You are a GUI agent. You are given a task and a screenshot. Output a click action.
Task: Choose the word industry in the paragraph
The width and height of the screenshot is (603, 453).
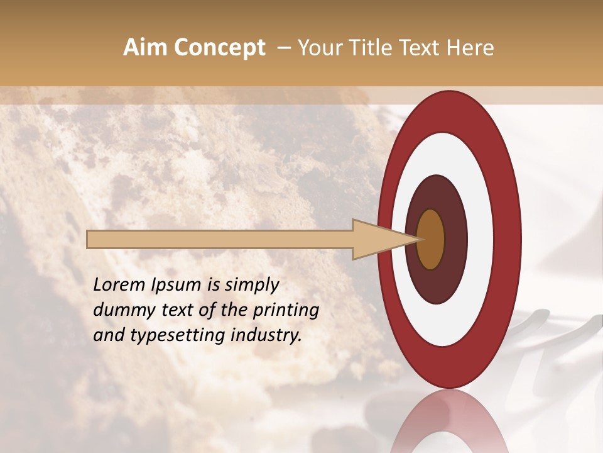(x=267, y=335)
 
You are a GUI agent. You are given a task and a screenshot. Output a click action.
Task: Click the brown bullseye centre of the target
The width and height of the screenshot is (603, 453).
(x=431, y=239)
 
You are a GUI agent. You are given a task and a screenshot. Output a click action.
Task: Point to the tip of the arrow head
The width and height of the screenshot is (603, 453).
(x=420, y=239)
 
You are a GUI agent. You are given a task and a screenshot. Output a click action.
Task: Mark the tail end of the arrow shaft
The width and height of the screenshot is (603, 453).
(x=88, y=239)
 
